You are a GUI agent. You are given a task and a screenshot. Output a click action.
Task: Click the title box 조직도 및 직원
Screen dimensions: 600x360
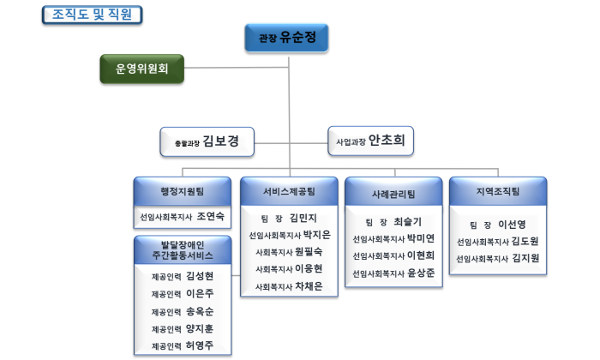(x=93, y=15)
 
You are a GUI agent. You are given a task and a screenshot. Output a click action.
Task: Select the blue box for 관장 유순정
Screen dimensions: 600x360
(x=286, y=38)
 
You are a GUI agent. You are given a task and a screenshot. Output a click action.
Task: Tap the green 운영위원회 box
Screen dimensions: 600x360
(x=142, y=69)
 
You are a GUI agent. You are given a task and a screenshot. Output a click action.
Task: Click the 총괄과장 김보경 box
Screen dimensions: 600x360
(x=207, y=141)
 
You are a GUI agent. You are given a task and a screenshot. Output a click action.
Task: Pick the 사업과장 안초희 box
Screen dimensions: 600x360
(x=371, y=141)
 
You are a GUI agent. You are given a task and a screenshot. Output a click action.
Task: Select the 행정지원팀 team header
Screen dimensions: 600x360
(x=183, y=191)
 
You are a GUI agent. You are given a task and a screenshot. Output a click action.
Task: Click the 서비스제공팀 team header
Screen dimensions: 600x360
(x=290, y=191)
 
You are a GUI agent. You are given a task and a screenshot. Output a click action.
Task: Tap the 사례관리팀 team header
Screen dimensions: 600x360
(x=393, y=193)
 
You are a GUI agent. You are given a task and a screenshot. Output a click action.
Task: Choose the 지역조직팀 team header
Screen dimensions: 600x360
(x=498, y=191)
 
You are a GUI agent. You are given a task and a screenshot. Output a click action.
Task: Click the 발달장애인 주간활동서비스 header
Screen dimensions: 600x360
(x=183, y=250)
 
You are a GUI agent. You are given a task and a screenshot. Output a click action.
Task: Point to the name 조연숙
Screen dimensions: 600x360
(x=211, y=217)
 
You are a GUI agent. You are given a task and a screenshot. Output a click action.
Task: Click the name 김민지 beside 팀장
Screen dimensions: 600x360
(x=303, y=218)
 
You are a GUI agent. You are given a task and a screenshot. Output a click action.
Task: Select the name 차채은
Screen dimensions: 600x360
(x=309, y=286)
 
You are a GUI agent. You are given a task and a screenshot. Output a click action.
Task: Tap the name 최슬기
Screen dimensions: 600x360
(x=407, y=221)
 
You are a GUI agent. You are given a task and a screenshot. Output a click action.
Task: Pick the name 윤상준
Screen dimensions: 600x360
(x=421, y=273)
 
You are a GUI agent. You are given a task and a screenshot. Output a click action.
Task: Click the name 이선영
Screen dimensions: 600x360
(x=512, y=225)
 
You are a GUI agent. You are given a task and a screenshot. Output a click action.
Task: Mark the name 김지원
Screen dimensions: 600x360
(x=525, y=258)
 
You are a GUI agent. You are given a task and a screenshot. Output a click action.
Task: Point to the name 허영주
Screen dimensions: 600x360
(x=200, y=345)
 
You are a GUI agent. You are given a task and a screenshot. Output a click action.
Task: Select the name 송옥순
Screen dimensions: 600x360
(x=200, y=311)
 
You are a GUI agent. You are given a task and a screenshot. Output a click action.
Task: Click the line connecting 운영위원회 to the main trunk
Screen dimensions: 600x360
(x=237, y=68)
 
